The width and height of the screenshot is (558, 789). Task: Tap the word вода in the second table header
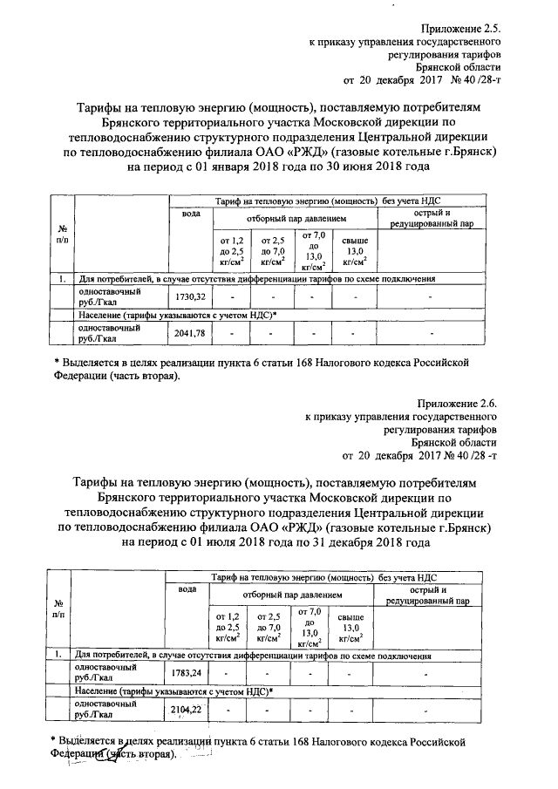coord(187,589)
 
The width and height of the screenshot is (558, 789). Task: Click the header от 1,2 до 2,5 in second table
coord(227,626)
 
